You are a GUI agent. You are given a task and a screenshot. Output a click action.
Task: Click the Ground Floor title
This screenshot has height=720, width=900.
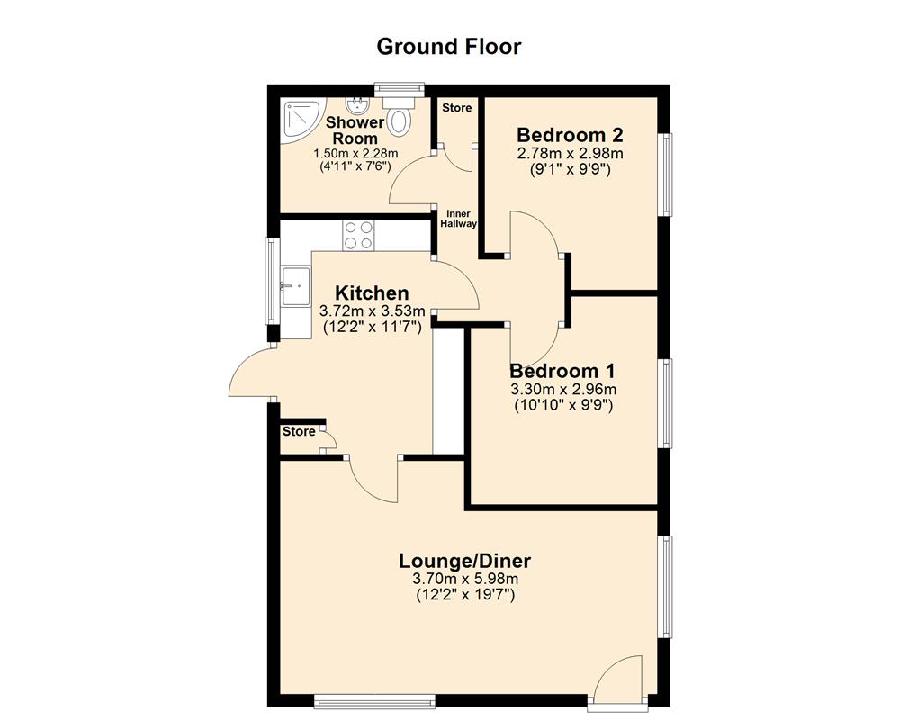(x=448, y=46)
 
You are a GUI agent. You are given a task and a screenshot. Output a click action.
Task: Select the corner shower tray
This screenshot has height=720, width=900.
(x=300, y=119)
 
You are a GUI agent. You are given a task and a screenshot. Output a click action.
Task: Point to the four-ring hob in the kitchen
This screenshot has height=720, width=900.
(x=359, y=235)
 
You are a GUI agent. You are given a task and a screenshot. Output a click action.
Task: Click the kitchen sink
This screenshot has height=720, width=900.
(x=294, y=286)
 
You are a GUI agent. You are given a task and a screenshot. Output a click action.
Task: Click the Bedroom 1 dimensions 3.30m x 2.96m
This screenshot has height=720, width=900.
(x=563, y=389)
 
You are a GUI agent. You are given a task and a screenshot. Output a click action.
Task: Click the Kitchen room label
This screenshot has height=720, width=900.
(x=372, y=292)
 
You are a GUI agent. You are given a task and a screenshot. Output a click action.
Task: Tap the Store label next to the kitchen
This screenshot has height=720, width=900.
(x=299, y=432)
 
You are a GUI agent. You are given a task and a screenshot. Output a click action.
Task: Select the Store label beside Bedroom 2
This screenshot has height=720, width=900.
(x=456, y=108)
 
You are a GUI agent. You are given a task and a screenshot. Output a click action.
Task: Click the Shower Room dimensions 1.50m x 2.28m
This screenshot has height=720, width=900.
(x=355, y=154)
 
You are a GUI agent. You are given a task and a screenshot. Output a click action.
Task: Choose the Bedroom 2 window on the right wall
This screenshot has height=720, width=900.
(x=667, y=175)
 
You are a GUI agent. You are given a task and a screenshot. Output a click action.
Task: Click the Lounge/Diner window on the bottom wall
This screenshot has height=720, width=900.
(x=374, y=699)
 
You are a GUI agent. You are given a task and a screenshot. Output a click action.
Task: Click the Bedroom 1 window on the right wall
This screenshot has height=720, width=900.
(x=667, y=402)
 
